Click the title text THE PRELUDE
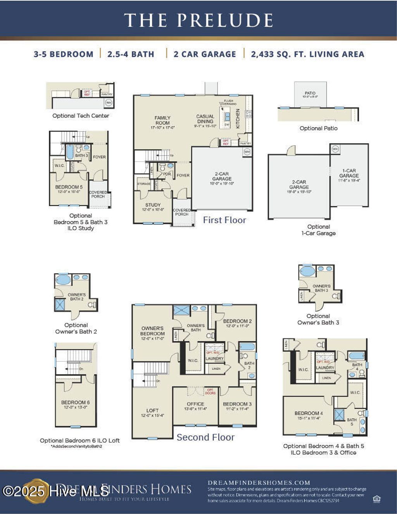[198, 20]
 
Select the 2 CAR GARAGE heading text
[205, 54]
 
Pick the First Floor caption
[224, 220]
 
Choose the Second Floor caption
[205, 437]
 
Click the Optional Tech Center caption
[81, 116]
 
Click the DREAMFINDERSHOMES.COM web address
[259, 483]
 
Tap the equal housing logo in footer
[376, 499]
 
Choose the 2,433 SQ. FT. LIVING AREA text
[307, 54]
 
